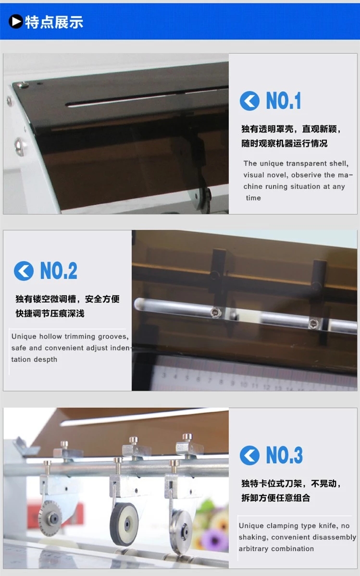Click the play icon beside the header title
[x=16, y=22]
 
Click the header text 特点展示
[x=54, y=22]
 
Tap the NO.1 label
[x=284, y=101]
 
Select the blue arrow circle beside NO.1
[x=249, y=101]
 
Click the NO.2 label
[x=59, y=271]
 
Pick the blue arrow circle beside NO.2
[x=24, y=271]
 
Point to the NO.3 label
[x=284, y=455]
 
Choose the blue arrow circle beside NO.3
[x=249, y=455]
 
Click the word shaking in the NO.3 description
[x=253, y=537]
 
